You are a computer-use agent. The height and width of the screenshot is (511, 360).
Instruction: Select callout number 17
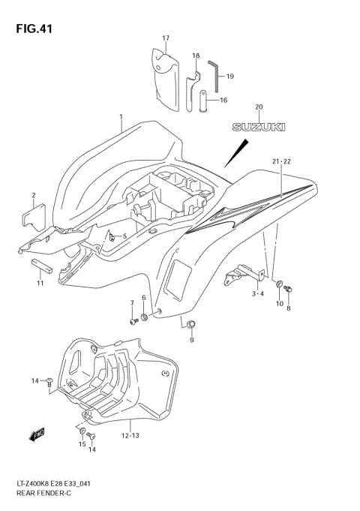166,38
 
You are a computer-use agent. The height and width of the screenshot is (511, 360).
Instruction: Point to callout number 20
259,107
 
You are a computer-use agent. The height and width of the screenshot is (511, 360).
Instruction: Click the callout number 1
120,117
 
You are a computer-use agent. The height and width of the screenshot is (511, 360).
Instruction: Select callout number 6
143,298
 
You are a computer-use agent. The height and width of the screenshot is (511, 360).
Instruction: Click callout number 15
81,444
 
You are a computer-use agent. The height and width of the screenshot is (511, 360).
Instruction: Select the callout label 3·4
258,293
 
